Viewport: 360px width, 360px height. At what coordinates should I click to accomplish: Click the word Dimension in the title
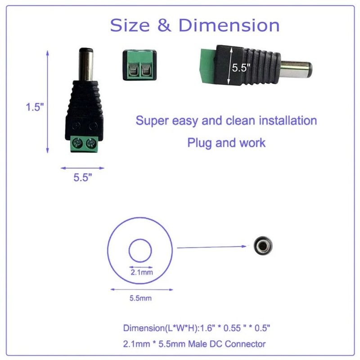point(229,25)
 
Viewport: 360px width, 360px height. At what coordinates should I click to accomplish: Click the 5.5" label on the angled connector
point(242,68)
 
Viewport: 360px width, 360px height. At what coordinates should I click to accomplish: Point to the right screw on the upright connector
point(91,144)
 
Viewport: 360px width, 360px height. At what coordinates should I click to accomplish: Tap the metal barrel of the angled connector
point(296,70)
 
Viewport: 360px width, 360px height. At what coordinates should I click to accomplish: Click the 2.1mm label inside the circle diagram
point(141,272)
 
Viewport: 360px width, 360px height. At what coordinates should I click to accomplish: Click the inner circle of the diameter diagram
point(140,251)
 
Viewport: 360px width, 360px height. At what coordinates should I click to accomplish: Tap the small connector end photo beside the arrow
point(261,245)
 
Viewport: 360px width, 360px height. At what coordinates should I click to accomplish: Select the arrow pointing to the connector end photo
point(211,247)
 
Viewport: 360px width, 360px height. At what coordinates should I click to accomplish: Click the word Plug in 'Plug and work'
point(198,143)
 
